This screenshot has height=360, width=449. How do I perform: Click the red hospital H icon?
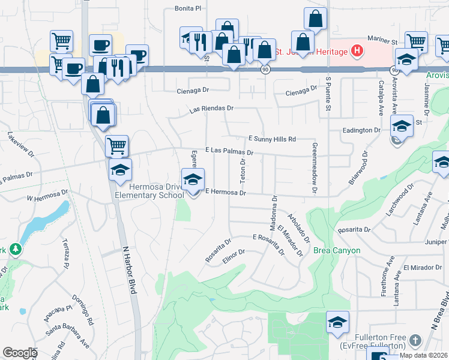[357, 52]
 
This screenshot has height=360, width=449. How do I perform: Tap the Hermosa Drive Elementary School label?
[149, 191]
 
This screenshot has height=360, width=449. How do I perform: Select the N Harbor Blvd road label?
[130, 269]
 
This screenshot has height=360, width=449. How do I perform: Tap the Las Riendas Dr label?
[211, 109]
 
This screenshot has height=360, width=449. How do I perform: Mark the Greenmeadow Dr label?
[314, 167]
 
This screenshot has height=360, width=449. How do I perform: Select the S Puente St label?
[328, 93]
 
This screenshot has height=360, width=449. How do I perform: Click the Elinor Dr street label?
[234, 255]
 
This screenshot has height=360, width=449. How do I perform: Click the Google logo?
[19, 353]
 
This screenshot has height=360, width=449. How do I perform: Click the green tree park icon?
[13, 249]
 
